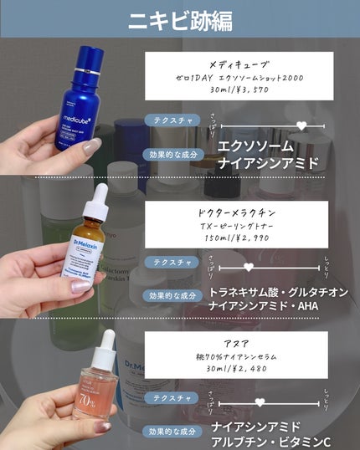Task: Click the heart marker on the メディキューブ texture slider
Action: (x=302, y=126)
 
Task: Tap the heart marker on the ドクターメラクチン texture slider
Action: (x=248, y=267)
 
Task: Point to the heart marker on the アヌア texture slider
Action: (x=260, y=402)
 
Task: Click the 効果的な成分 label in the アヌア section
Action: (x=172, y=432)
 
